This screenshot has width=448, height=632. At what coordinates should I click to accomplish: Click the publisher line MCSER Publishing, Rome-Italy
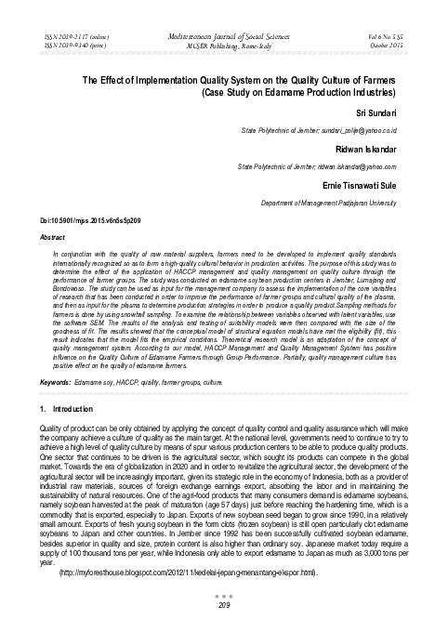coord(224,41)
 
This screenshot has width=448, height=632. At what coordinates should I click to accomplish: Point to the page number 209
coord(224,607)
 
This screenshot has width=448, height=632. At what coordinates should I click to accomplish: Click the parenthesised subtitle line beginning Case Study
coord(298,94)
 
